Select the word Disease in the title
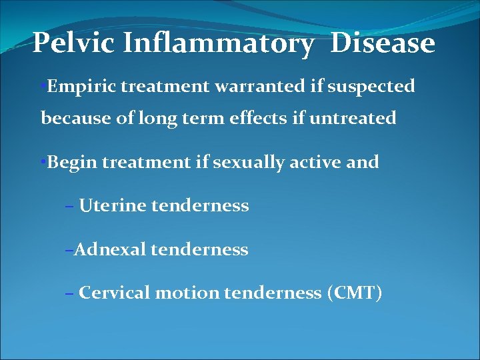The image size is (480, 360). (x=383, y=44)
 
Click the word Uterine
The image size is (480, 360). (x=112, y=206)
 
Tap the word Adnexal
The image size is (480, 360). (x=109, y=250)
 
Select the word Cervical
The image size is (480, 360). (x=114, y=293)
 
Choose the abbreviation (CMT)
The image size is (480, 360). (x=354, y=293)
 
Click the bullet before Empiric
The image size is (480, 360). (x=43, y=87)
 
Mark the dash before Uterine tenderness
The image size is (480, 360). (x=70, y=207)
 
